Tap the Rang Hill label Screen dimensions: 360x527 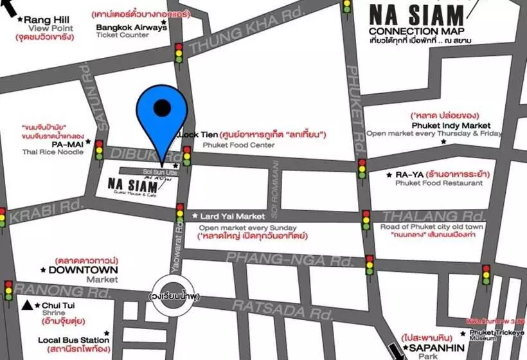47,20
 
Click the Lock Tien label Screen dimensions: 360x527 197,135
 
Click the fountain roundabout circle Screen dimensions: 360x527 172,297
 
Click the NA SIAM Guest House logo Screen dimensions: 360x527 133,186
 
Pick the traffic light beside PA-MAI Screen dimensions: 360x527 99,150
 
